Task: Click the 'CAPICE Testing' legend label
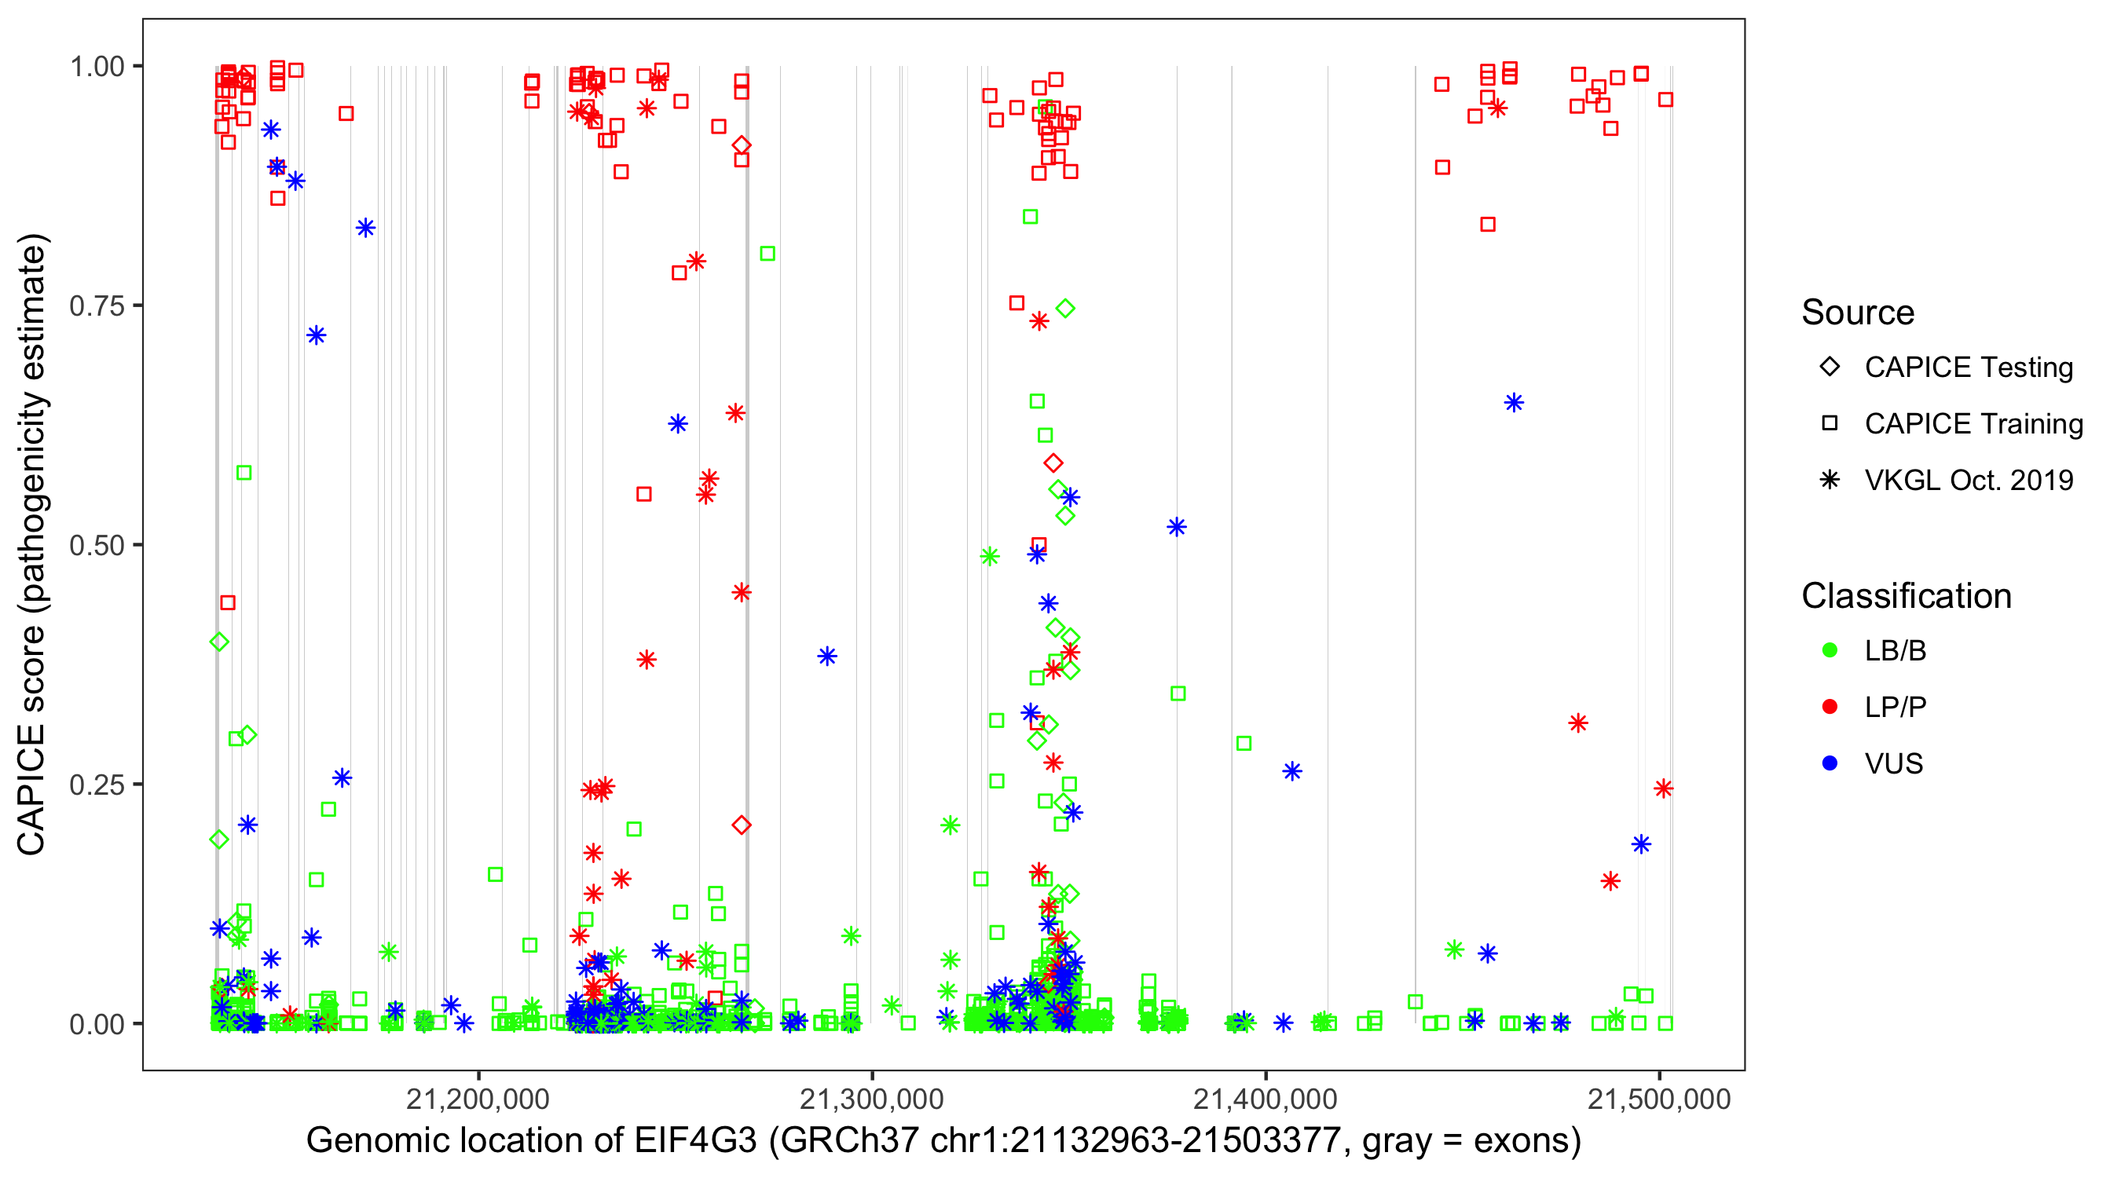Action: pyautogui.click(x=1968, y=368)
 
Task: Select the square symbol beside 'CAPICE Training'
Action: pyautogui.click(x=1830, y=423)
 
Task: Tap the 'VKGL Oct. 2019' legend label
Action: pyautogui.click(x=1968, y=480)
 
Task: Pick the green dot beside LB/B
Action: pyautogui.click(x=1830, y=650)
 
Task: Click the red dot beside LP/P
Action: pyautogui.click(x=1830, y=707)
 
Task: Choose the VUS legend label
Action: pyautogui.click(x=1893, y=764)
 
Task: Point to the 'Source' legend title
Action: pyautogui.click(x=1857, y=313)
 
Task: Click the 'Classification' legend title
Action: pyautogui.click(x=1905, y=596)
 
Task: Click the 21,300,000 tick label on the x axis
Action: pyautogui.click(x=872, y=1099)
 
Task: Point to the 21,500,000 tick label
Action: pyautogui.click(x=1658, y=1099)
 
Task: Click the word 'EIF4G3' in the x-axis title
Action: pyautogui.click(x=695, y=1141)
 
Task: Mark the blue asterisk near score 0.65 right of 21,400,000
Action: pyautogui.click(x=1513, y=403)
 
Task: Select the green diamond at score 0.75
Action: pyautogui.click(x=1065, y=309)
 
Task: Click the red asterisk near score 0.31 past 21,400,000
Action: pyautogui.click(x=1577, y=723)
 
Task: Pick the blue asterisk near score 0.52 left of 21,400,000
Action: pyautogui.click(x=1177, y=527)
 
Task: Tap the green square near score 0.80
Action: pyautogui.click(x=767, y=254)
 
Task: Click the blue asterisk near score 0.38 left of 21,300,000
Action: pyautogui.click(x=826, y=656)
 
